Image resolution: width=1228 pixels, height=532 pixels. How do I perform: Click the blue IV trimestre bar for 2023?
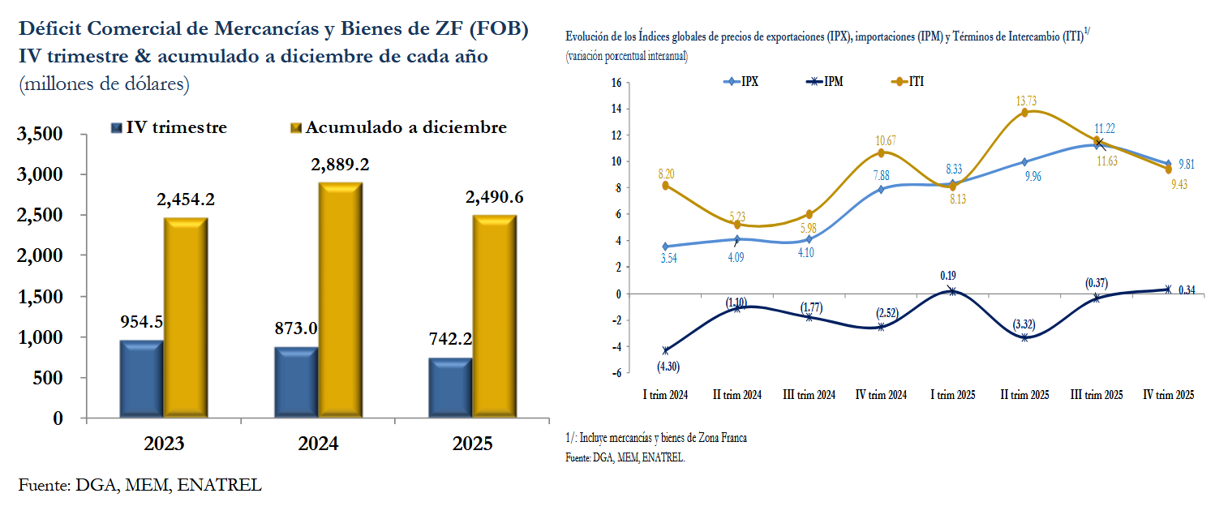click(142, 380)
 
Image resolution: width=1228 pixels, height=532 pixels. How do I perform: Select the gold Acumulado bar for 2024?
click(340, 301)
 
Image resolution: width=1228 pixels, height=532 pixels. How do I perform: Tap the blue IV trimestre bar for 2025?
click(449, 388)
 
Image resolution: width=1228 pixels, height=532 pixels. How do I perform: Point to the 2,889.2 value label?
click(340, 165)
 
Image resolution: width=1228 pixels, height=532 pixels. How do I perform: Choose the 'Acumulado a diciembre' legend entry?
click(398, 127)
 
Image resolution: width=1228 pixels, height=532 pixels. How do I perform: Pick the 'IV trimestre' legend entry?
click(170, 127)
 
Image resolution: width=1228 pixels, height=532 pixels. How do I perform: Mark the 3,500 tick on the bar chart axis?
click(41, 134)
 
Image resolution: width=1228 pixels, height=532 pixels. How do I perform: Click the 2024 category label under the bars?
click(318, 444)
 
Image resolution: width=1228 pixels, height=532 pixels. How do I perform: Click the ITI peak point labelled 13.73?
click(1024, 113)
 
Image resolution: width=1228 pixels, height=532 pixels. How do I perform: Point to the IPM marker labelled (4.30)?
click(666, 351)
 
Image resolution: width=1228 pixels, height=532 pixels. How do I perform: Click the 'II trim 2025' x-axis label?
click(1025, 395)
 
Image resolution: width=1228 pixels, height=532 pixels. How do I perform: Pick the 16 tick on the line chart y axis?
click(616, 82)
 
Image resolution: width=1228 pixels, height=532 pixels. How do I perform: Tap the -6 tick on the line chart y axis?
click(615, 373)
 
